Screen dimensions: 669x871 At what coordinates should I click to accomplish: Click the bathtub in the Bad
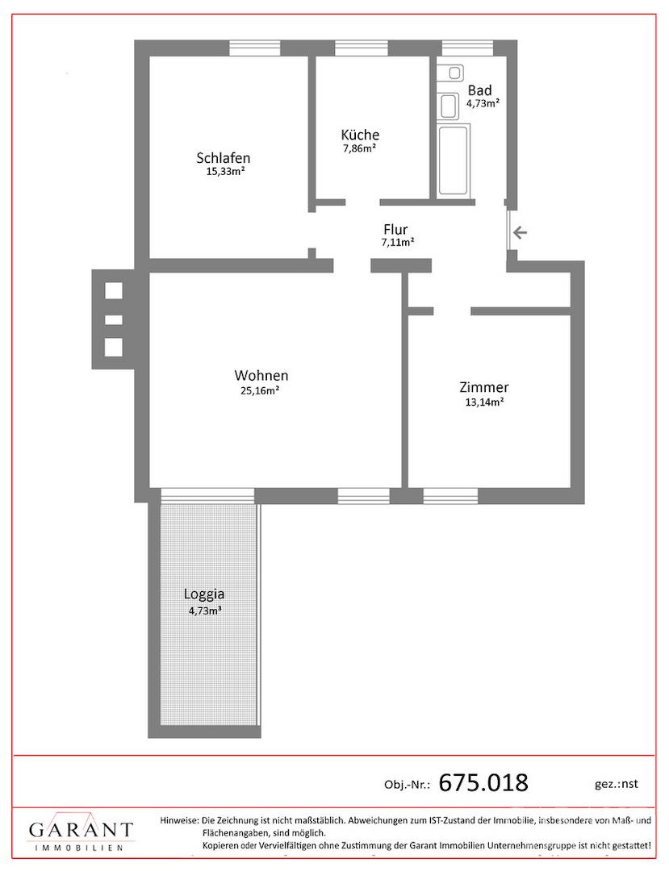(453, 160)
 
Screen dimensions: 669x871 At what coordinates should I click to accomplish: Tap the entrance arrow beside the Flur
(520, 232)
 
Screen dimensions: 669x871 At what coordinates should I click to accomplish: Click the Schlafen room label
(224, 158)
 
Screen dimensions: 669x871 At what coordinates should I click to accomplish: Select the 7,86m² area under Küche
(359, 148)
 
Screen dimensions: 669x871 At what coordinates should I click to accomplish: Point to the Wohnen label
(261, 375)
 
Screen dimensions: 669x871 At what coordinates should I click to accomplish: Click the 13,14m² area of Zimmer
(484, 402)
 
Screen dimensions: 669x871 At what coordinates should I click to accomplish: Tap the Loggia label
(204, 594)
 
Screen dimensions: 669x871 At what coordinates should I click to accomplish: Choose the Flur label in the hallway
(395, 229)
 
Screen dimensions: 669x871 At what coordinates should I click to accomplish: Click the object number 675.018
(483, 782)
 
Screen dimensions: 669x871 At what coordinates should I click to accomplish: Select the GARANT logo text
(82, 830)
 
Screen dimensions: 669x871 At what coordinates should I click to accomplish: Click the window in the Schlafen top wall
(254, 48)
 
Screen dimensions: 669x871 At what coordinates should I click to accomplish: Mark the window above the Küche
(362, 48)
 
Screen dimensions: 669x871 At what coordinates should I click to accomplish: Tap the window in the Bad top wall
(466, 48)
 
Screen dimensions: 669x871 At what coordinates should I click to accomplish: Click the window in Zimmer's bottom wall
(450, 495)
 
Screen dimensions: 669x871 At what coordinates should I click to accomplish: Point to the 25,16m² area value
(260, 390)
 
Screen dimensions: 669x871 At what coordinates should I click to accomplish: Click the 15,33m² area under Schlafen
(226, 172)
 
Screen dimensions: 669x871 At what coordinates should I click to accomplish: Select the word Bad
(479, 90)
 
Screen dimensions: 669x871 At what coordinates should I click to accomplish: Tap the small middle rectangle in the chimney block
(113, 320)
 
